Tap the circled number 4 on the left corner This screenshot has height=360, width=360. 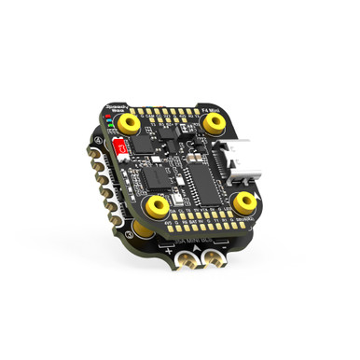[x=97, y=141]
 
